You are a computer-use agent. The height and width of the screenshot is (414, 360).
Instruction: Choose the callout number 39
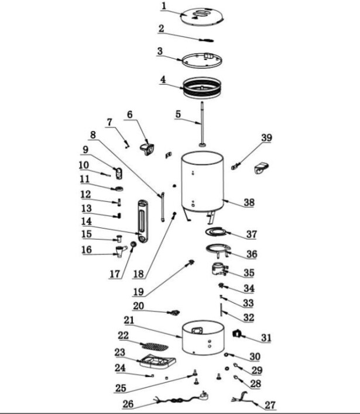(x=266, y=137)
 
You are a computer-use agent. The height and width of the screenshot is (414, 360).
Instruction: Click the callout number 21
(x=129, y=320)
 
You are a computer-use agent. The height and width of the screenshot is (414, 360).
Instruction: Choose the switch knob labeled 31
(x=238, y=334)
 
